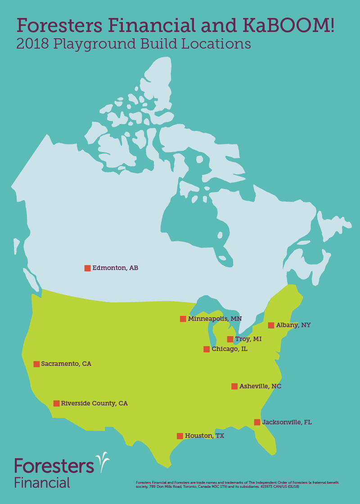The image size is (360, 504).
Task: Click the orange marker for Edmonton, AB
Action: pyautogui.click(x=87, y=268)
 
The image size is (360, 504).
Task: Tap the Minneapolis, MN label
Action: pyautogui.click(x=215, y=319)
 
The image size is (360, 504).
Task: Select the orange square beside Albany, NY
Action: pyautogui.click(x=271, y=325)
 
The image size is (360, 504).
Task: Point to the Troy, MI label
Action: pyautogui.click(x=248, y=339)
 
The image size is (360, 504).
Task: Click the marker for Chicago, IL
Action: pyautogui.click(x=207, y=349)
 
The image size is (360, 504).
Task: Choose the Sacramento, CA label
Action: pyautogui.click(x=66, y=364)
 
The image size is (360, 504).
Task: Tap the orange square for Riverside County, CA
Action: pyautogui.click(x=56, y=404)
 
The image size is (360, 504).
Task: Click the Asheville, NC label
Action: pyautogui.click(x=260, y=386)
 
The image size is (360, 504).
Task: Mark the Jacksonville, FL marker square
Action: pyautogui.click(x=257, y=422)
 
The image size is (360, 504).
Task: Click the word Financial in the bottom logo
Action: pyautogui.click(x=42, y=482)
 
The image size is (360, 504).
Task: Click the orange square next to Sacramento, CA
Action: pyautogui.click(x=36, y=364)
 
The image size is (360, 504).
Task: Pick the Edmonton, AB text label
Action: pyautogui.click(x=115, y=268)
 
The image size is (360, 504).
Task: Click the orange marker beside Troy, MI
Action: pyautogui.click(x=230, y=339)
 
